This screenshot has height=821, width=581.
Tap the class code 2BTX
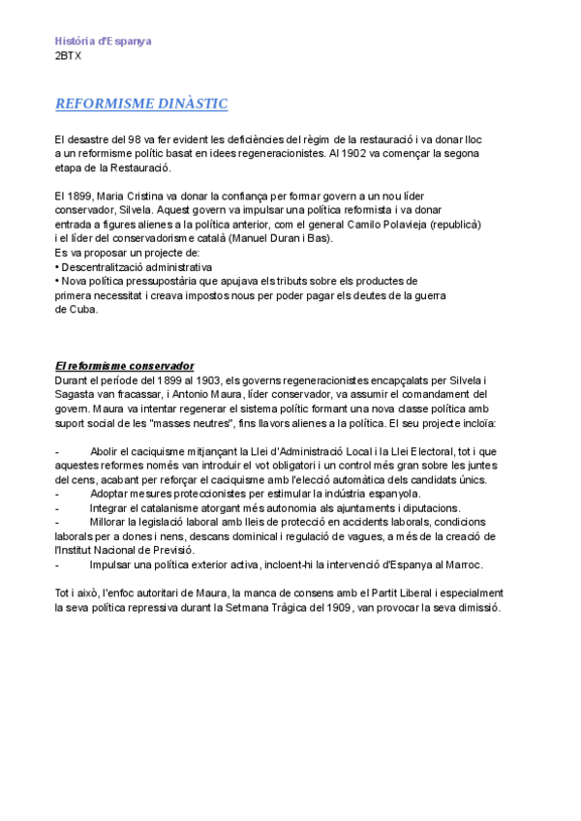69,56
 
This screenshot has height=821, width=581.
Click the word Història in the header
76,42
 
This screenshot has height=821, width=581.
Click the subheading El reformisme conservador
125,366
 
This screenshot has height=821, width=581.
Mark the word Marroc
462,564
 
